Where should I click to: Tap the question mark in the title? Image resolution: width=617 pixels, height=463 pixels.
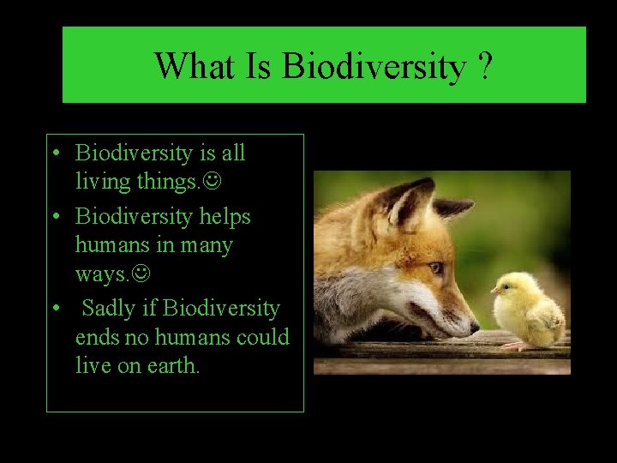click(486, 65)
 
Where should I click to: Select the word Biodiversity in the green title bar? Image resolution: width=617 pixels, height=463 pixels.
click(373, 66)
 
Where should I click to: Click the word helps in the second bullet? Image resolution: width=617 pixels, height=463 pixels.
click(225, 216)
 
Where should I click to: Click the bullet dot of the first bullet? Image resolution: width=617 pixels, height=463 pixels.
click(55, 153)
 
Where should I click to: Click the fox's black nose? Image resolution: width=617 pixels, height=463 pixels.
click(473, 327)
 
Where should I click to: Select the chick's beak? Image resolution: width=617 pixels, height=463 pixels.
click(494, 291)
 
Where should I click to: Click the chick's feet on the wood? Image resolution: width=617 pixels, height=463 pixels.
click(517, 346)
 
